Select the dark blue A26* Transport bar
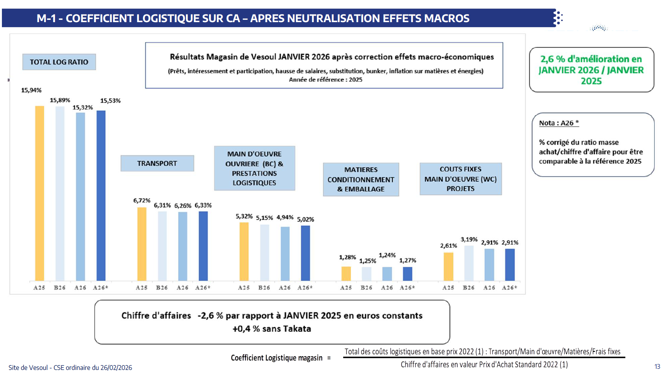pos(203,246)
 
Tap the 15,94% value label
pos(31,90)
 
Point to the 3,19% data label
pos(469,240)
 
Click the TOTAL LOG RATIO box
pos(59,62)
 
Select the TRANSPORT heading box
pos(157,163)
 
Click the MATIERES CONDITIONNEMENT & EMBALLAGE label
pos(361,179)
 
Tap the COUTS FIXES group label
pos(460,179)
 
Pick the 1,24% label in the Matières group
pos(387,255)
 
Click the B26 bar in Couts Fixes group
pos(469,263)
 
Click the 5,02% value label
pos(305,219)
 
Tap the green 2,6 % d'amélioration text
pos(591,70)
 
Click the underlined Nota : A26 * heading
pos(559,123)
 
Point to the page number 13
pos(657,366)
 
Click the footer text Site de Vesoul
pos(70,368)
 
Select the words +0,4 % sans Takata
pos(272,329)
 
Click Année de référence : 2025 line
pos(325,80)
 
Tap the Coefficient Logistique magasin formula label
pos(277,358)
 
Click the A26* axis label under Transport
pos(203,288)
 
